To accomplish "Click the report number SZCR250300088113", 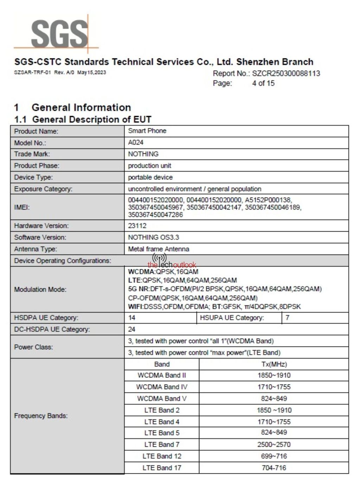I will coord(286,73).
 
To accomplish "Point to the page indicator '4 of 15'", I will coord(263,83).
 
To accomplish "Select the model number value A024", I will coord(136,142).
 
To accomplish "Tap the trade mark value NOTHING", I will coord(143,154).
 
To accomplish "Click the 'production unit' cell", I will coord(149,166).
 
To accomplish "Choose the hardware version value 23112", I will coord(137,226).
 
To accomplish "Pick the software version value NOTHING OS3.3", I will coord(153,237).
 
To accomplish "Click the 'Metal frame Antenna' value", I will coord(159,249).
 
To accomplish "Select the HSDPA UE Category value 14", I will coord(132,318).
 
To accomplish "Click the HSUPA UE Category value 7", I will coord(287,318).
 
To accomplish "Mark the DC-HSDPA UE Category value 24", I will coord(132,329).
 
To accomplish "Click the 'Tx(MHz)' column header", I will coord(274,364).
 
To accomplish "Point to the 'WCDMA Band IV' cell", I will coord(162,387).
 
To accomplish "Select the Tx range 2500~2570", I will coord(274,444).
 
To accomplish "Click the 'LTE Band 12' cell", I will coord(162,456).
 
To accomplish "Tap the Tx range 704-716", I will coord(274,468).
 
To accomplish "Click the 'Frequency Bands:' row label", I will coord(41,416).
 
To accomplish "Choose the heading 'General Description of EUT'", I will coord(92,120).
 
